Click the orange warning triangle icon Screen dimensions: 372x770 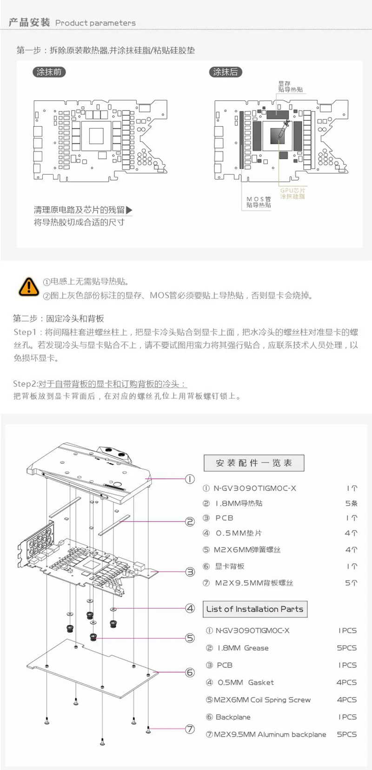tap(28, 287)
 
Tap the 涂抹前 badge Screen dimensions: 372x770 tap(49, 72)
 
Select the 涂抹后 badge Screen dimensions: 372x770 tap(226, 72)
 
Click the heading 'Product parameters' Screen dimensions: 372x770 tap(95, 23)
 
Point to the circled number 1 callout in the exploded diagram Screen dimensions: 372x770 tap(190, 479)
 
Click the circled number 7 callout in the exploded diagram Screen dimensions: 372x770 tap(190, 729)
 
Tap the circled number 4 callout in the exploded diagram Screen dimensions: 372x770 tap(190, 608)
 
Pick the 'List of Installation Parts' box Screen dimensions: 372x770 tap(255, 609)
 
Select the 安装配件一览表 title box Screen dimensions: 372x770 tap(254, 463)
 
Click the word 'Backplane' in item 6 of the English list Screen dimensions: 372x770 tap(233, 717)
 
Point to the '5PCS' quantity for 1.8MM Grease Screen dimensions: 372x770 tap(346, 648)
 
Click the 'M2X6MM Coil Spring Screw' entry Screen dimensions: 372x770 tap(262, 700)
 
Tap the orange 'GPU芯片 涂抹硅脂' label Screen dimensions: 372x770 tap(292, 193)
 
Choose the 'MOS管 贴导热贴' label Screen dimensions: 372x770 tap(259, 202)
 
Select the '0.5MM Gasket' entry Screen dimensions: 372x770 tap(246, 682)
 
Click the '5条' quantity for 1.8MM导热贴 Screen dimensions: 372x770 tap(351, 503)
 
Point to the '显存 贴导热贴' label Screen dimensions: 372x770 tap(291, 86)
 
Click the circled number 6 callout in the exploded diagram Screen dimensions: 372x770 tap(190, 672)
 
